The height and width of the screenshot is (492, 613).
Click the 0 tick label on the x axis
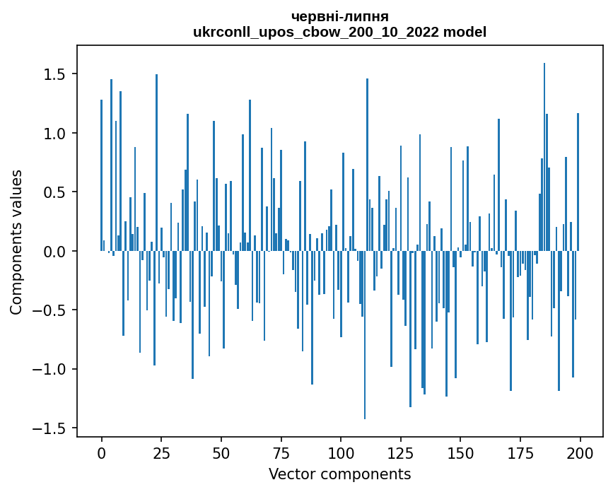[101, 452]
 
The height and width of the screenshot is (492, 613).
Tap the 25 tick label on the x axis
[161, 452]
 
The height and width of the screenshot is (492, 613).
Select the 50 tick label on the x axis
[221, 452]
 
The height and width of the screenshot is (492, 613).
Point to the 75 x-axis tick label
[281, 452]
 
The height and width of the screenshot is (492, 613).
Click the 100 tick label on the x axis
[341, 452]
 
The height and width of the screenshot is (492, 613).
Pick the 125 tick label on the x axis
[401, 452]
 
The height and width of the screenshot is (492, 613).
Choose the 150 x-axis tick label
[460, 452]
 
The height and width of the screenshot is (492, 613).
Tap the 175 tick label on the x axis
[520, 452]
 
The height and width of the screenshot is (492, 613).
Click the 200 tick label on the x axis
[580, 452]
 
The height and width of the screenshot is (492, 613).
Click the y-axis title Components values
[16, 242]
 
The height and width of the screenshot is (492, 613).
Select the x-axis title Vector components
[339, 474]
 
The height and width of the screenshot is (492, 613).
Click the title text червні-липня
[339, 16]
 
